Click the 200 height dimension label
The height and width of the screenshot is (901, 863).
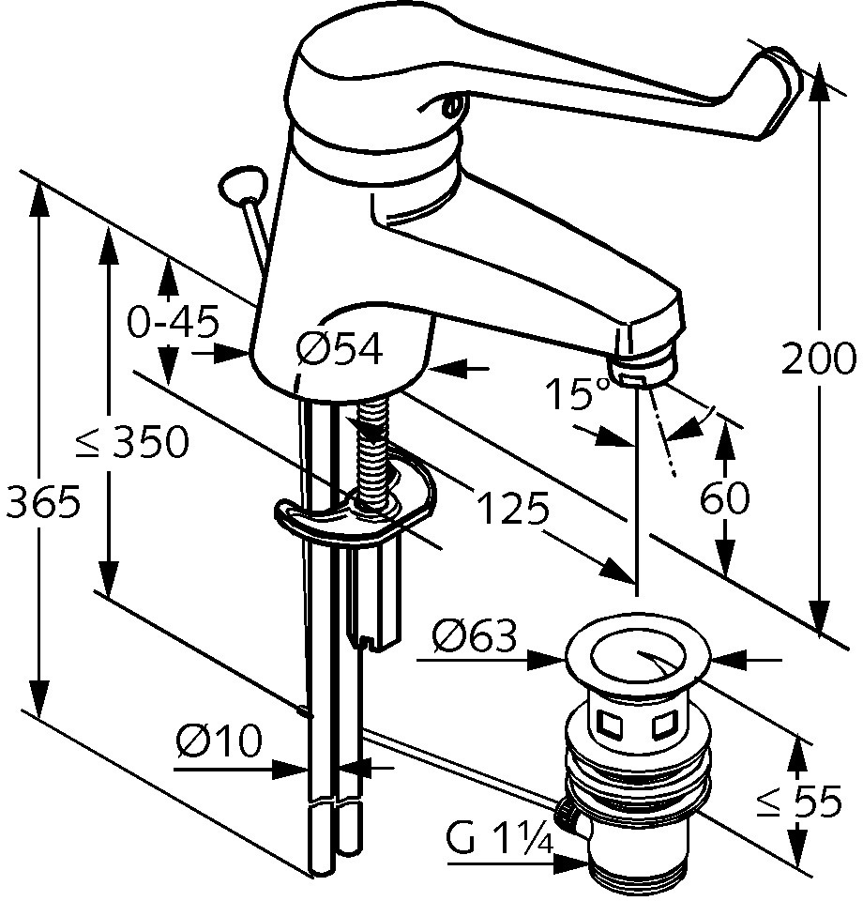818,359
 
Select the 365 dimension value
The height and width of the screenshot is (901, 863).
42,500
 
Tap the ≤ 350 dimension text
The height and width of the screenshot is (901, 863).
133,442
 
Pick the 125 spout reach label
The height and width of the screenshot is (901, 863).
513,508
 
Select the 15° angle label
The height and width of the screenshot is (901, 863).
576,393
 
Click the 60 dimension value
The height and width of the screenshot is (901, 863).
724,497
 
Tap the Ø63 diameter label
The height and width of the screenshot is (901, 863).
475,635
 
